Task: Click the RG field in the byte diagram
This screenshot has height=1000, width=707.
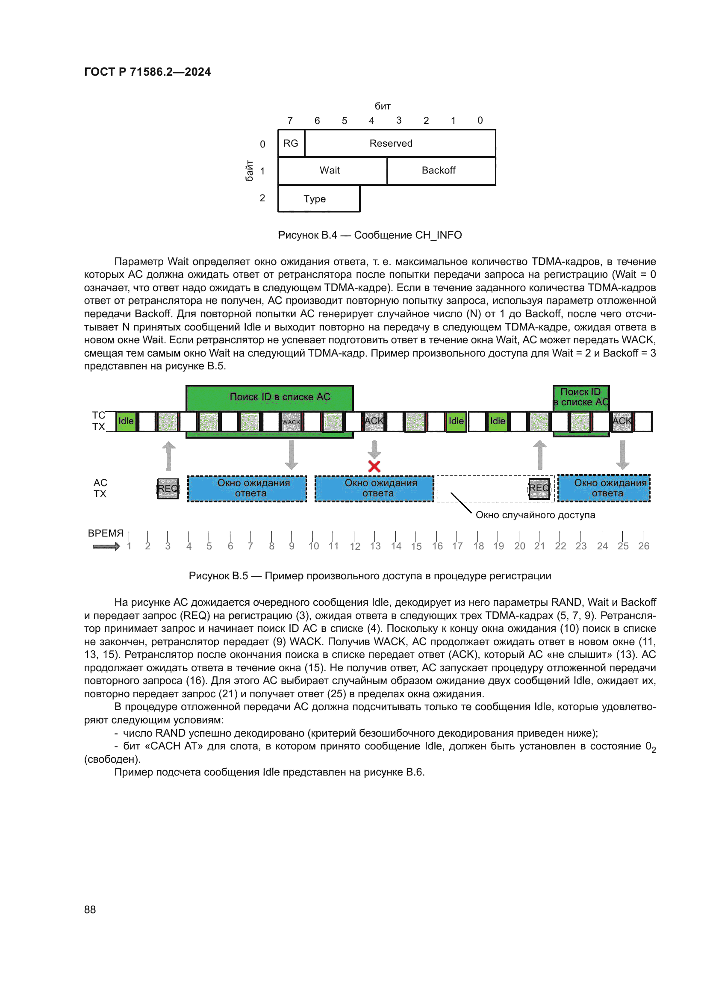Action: pos(291,143)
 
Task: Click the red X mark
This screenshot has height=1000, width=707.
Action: pos(374,466)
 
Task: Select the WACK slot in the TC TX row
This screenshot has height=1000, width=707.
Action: pos(291,422)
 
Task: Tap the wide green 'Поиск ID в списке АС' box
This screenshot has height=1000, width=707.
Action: pos(269,397)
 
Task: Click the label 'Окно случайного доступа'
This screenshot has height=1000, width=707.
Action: pos(535,515)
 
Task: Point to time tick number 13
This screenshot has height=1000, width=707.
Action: pos(375,546)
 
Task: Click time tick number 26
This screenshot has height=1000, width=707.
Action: pos(643,546)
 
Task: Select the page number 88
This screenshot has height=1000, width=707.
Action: pos(90,909)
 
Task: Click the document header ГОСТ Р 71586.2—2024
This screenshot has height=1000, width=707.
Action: pos(147,72)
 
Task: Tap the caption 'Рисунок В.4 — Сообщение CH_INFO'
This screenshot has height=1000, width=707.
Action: pos(370,235)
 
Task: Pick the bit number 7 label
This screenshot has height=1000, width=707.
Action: pos(290,121)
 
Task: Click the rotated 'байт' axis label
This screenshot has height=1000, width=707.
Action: pos(249,171)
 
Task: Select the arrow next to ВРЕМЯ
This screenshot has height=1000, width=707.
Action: pos(106,547)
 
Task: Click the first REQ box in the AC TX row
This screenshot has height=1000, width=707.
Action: pos(168,488)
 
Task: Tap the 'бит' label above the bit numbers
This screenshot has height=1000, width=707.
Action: pos(383,106)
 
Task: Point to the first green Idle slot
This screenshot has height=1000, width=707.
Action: pos(126,421)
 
